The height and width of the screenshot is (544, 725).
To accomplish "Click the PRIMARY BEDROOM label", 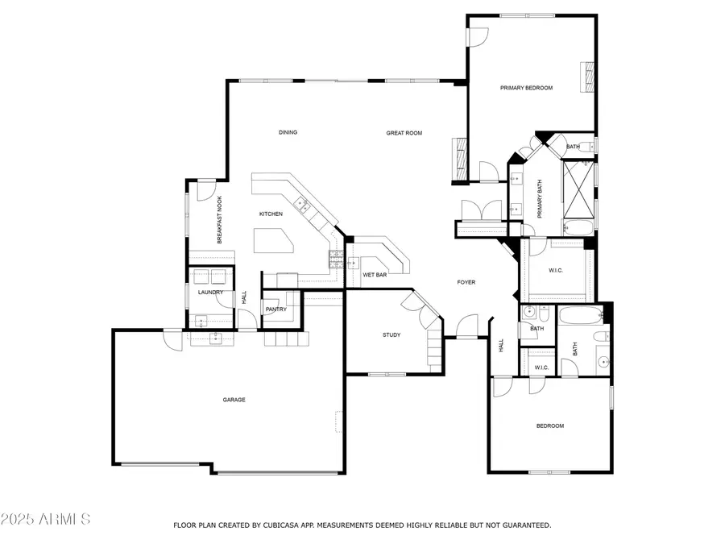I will [x=526, y=88].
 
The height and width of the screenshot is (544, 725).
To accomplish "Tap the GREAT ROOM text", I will [x=404, y=133].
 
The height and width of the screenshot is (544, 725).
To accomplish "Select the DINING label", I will [x=288, y=132].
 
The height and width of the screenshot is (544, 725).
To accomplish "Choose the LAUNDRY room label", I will [x=210, y=293].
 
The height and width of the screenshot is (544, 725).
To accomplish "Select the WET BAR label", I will [x=375, y=275].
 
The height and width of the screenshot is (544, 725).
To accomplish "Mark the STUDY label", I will [x=391, y=335].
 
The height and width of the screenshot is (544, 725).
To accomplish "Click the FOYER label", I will [x=466, y=282].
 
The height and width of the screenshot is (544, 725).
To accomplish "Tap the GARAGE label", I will [x=234, y=400].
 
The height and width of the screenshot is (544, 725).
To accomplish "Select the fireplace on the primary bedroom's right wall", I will [x=589, y=78].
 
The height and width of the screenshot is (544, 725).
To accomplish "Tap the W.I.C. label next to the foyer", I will [x=556, y=271].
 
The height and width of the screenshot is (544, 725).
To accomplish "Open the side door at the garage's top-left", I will [x=172, y=338].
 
